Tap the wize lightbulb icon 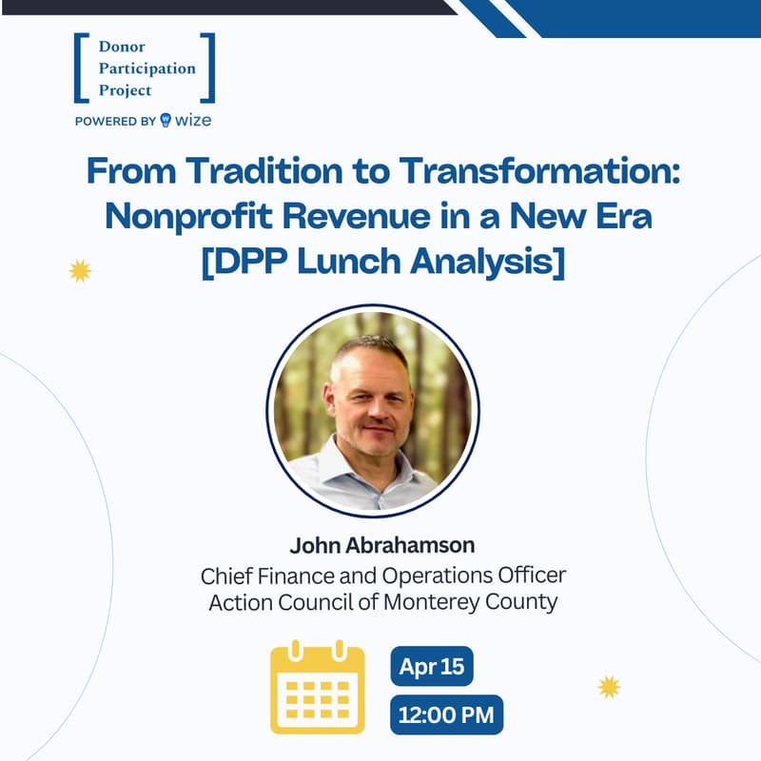click(x=166, y=120)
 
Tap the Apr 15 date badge click(x=432, y=666)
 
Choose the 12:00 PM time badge click(x=446, y=715)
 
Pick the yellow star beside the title click(x=80, y=271)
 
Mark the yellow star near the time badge click(x=609, y=686)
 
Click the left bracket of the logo click(x=80, y=68)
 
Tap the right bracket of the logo click(x=209, y=68)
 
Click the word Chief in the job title click(x=224, y=576)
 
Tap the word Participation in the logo click(x=147, y=69)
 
